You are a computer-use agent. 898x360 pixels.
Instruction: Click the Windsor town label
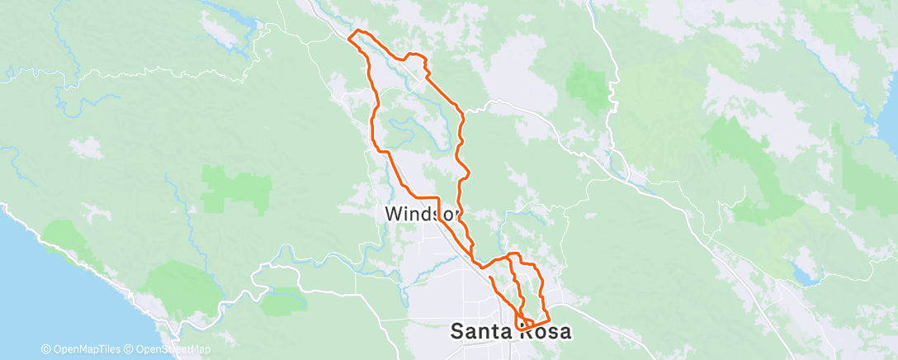421,214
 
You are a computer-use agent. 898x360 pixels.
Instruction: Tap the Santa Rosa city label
511,332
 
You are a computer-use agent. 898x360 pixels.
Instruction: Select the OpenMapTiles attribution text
83,350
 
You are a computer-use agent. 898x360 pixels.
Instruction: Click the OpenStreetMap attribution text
169,350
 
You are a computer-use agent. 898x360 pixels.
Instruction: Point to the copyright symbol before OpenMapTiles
45,350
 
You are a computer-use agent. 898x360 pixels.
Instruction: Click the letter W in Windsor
393,214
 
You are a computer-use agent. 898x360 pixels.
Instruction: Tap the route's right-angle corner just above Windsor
438,198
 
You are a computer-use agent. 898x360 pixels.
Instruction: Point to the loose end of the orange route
491,278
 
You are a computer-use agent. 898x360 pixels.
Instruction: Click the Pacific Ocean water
33,272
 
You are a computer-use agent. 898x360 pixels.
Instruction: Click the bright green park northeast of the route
588,83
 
